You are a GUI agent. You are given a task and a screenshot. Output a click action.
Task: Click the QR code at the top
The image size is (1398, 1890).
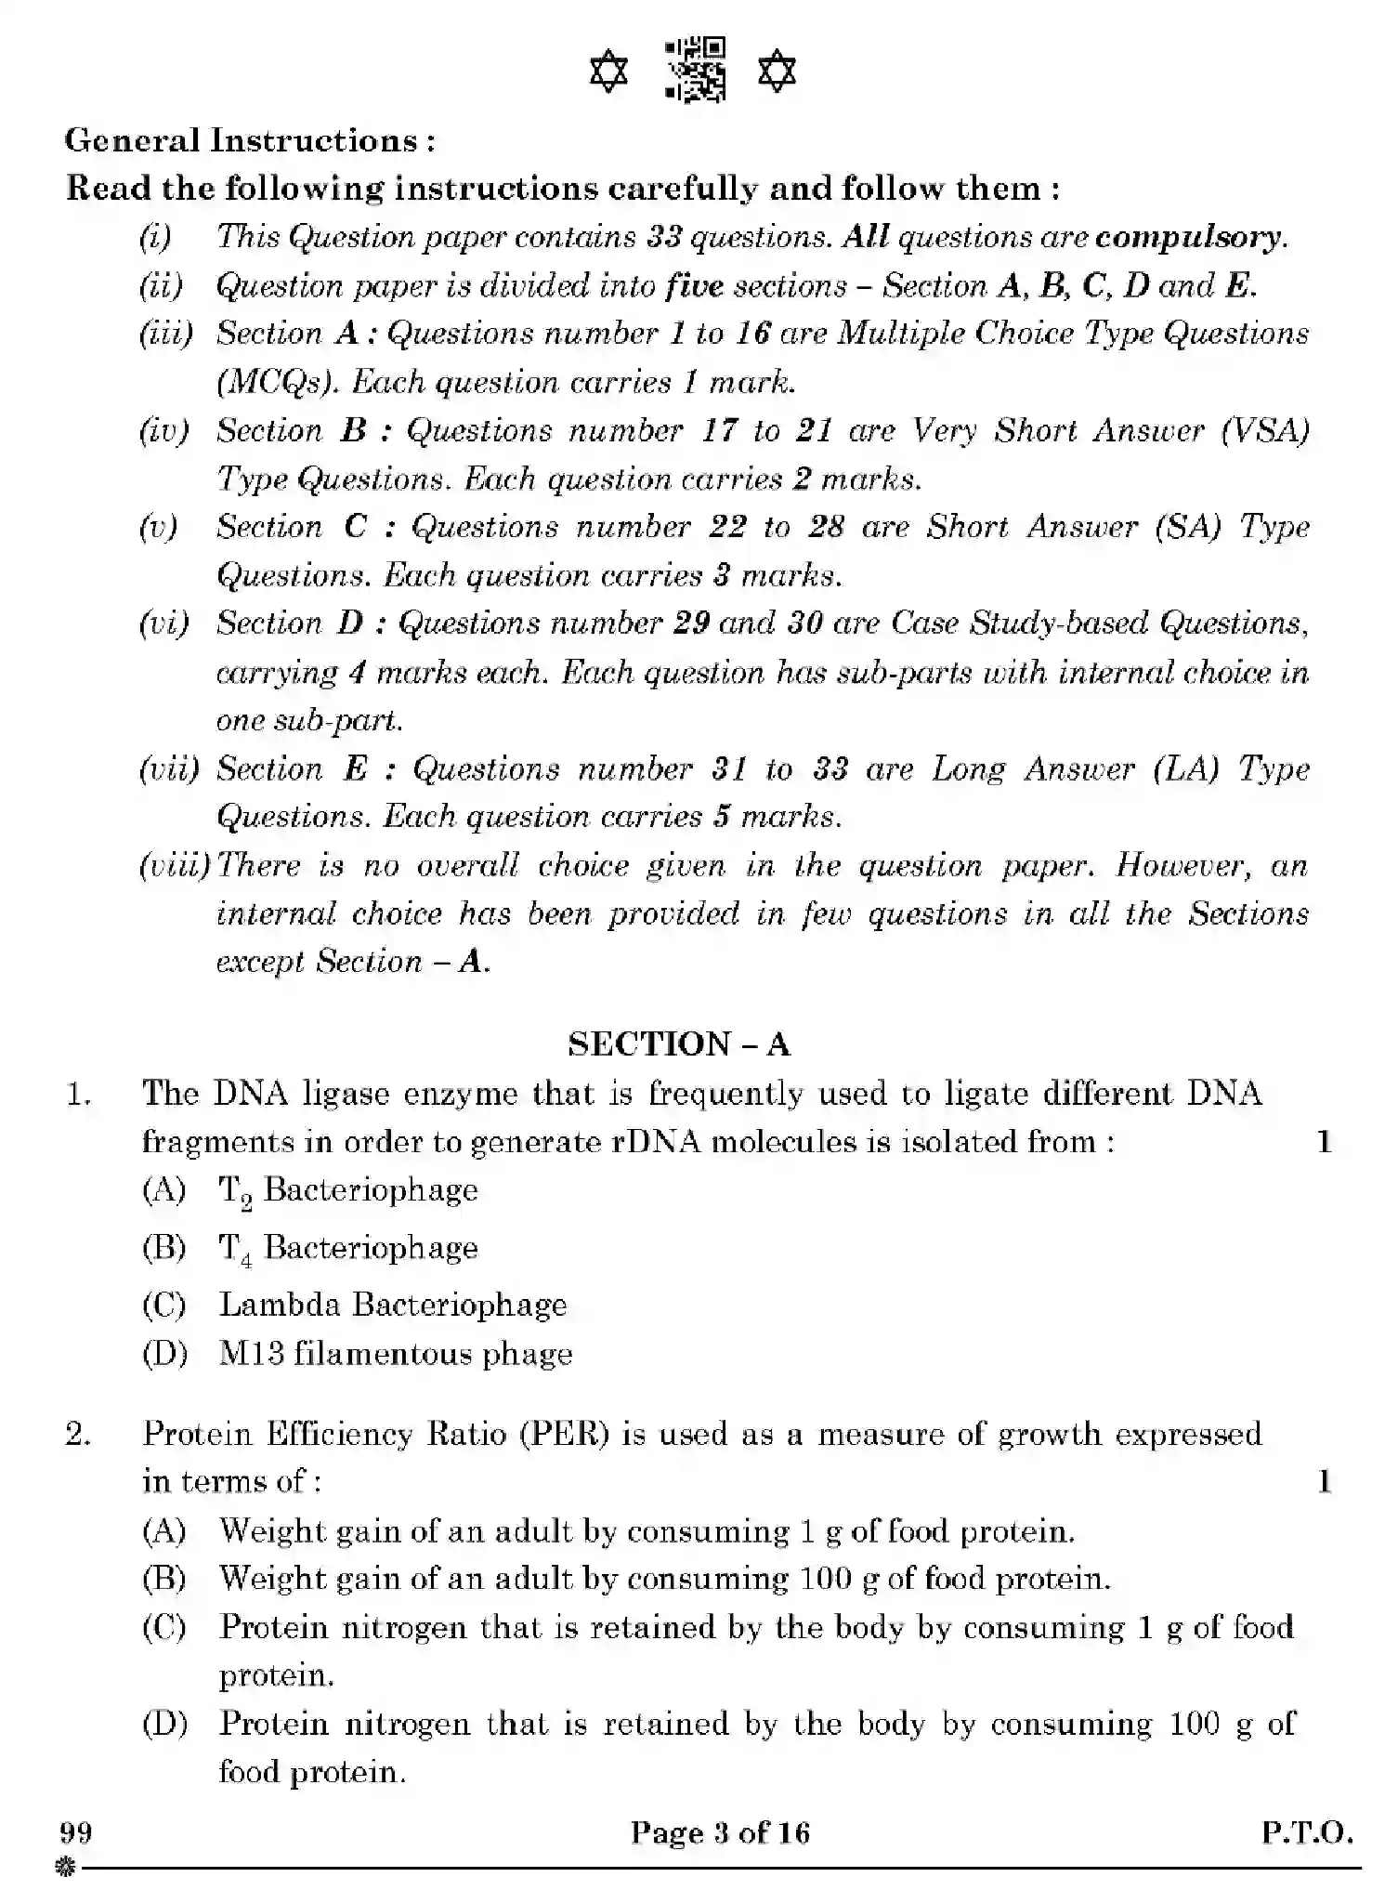click(695, 70)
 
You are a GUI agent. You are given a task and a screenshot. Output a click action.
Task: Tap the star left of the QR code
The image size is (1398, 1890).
click(609, 72)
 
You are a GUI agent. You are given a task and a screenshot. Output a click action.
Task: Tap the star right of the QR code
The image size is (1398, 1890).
click(777, 72)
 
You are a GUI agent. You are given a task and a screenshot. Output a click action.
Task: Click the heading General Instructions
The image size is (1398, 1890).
click(249, 140)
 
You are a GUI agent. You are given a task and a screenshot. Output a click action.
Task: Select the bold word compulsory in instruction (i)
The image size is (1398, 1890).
click(1188, 237)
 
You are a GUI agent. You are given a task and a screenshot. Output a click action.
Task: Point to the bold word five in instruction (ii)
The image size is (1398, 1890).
click(694, 285)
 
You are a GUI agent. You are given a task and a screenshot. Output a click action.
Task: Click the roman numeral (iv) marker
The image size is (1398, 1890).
click(163, 430)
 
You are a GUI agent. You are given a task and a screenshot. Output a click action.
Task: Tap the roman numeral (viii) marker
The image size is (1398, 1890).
click(175, 866)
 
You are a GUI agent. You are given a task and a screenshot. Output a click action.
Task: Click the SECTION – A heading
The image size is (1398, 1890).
click(679, 1043)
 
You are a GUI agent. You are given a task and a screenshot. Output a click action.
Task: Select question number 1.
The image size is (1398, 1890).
click(79, 1094)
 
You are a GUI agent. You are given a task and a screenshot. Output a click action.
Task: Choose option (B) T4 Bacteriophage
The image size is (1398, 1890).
click(347, 1248)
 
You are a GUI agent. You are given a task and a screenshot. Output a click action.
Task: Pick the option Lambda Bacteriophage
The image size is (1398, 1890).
click(392, 1305)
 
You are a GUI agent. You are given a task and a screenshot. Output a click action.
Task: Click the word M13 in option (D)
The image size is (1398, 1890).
click(251, 1353)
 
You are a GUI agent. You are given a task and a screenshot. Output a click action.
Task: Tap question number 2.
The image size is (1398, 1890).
click(79, 1434)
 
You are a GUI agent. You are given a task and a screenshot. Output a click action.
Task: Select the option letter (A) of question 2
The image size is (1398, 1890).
click(164, 1530)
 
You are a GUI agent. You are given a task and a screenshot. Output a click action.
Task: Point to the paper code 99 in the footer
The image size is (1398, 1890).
click(76, 1832)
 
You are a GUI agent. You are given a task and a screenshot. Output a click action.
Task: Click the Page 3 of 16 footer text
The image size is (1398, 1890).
click(720, 1832)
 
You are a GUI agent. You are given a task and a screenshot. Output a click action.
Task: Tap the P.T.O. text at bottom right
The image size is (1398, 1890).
click(1306, 1832)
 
